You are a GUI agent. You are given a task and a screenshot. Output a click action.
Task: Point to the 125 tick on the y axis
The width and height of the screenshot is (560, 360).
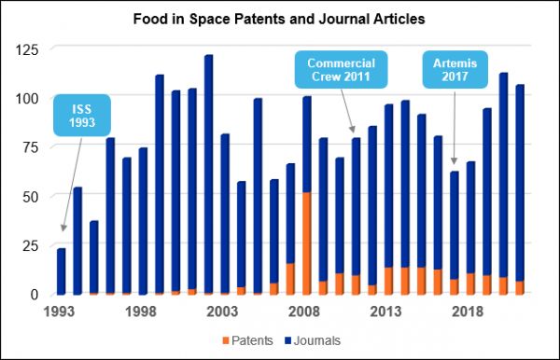[28, 48]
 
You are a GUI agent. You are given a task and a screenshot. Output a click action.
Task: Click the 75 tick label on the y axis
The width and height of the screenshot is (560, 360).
[31, 146]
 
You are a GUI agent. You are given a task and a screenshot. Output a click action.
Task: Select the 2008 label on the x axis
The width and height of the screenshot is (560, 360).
[306, 312]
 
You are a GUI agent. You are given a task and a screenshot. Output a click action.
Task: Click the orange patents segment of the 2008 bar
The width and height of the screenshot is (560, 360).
[306, 242]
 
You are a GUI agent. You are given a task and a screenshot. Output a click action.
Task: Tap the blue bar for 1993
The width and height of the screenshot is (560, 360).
[62, 270]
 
